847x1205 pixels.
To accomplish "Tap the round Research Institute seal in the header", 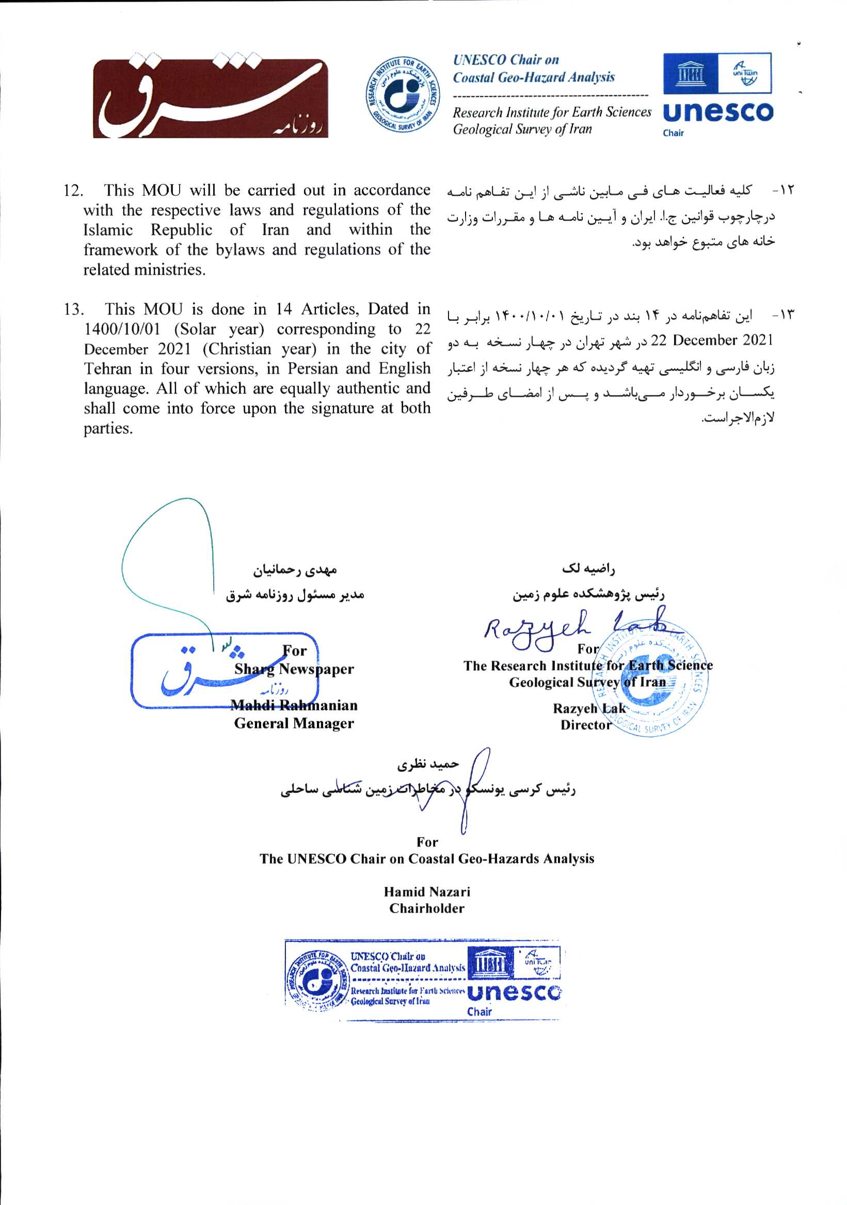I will click(402, 95).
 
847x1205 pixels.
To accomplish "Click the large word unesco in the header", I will click(718, 112).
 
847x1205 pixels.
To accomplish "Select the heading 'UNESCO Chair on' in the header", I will click(506, 60).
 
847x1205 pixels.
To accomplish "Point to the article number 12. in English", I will click(73, 190).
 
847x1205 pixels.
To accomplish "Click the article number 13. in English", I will click(73, 310).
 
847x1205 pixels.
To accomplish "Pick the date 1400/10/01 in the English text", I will click(122, 330).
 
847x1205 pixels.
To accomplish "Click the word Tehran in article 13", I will click(107, 369).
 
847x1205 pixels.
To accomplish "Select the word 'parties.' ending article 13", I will click(108, 429).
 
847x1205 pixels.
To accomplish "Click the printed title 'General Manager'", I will click(294, 724).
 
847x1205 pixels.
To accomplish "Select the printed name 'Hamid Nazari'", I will click(426, 892).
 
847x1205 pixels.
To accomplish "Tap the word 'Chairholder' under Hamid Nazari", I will click(426, 908).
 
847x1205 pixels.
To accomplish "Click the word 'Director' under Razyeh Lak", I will click(585, 725).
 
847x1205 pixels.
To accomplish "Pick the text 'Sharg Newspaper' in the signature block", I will click(294, 669).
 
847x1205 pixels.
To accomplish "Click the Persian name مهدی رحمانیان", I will click(295, 570).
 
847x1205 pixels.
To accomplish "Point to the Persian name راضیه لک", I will click(587, 568).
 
